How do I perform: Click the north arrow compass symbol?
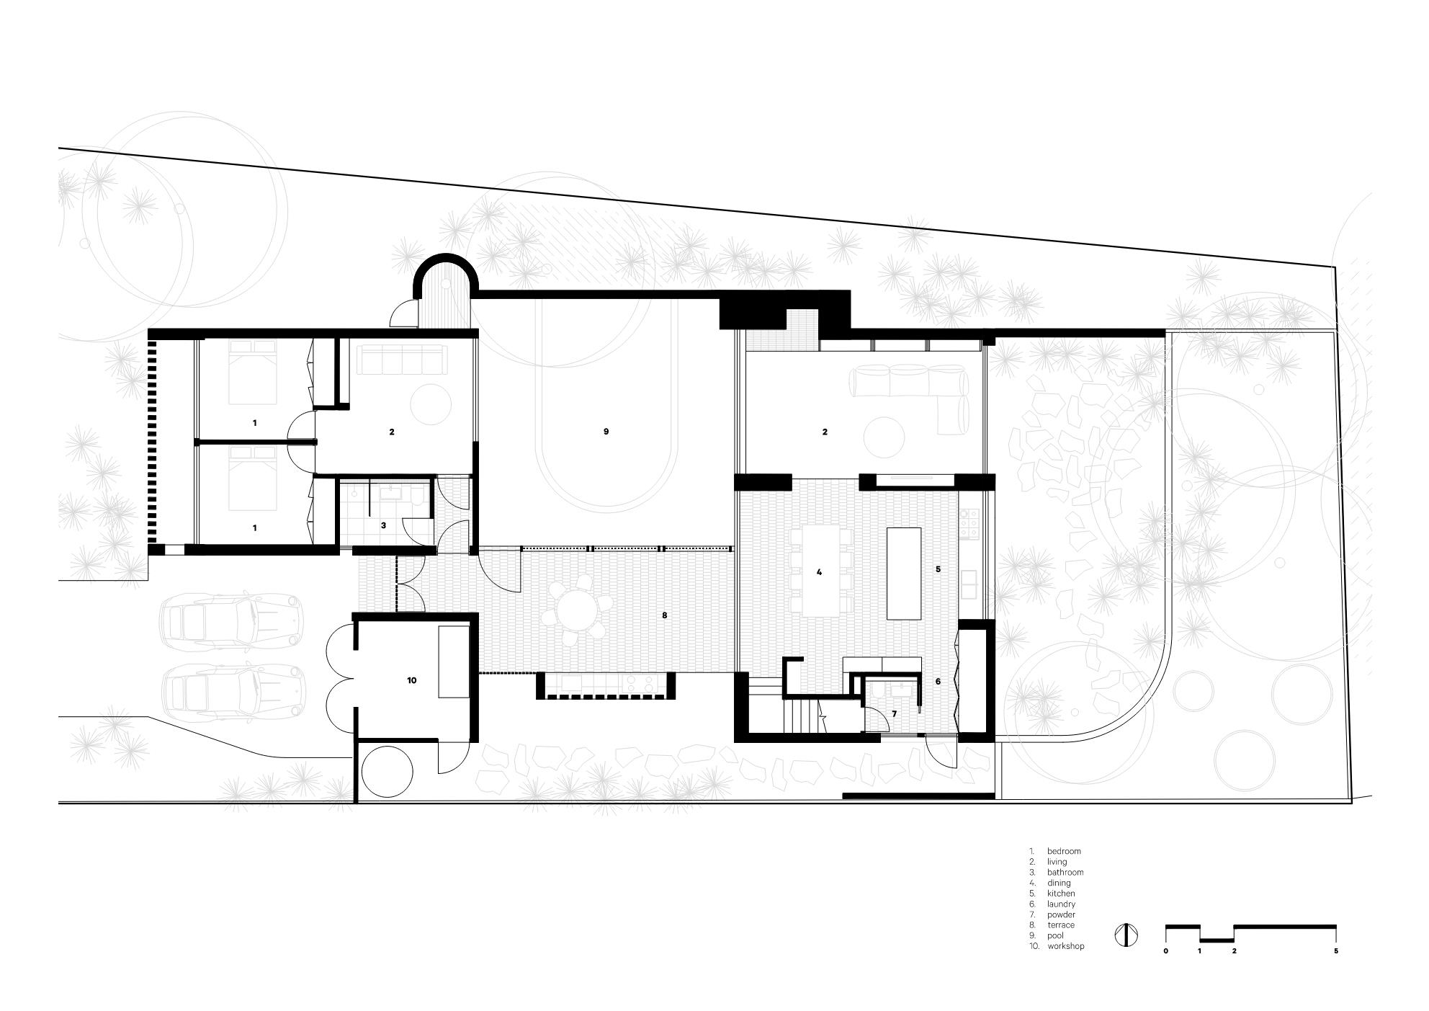[1126, 935]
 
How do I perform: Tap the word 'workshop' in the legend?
[1065, 946]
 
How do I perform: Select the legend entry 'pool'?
[1055, 935]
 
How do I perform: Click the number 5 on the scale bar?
[1336, 951]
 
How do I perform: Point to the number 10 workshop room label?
[411, 680]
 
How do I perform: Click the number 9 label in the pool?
[606, 432]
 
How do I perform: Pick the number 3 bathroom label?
[383, 526]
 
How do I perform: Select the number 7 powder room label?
[894, 713]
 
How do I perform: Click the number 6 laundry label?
[938, 681]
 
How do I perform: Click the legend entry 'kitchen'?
[1061, 894]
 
